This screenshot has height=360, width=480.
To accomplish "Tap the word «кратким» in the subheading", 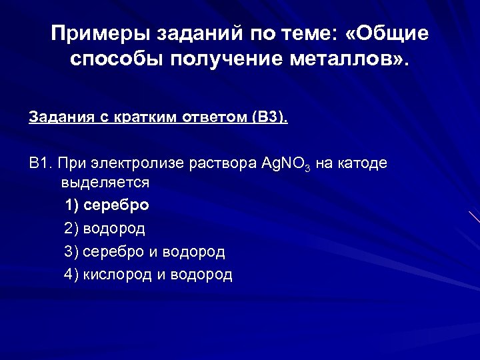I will tap(141, 118).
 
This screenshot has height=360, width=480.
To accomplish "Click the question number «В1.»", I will tap(40, 163).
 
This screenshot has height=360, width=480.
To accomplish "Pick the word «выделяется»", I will tap(105, 182).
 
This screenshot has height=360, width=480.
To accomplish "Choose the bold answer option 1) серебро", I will tap(107, 205).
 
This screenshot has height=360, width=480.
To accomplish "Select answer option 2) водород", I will tap(105, 229).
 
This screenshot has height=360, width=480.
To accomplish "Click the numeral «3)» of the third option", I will tap(71, 252).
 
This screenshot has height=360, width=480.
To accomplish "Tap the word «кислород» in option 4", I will tap(117, 275).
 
